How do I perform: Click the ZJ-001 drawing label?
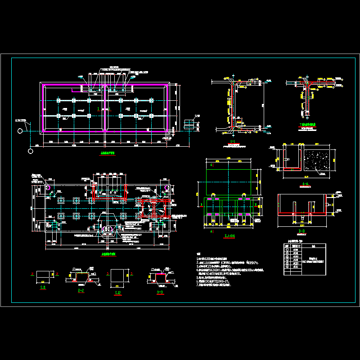tap(229, 236)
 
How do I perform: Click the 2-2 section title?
tap(81, 291)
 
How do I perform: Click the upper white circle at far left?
tap(20, 130)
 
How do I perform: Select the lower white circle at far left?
tap(30, 151)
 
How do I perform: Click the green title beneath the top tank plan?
tap(107, 153)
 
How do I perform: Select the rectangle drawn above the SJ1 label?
tap(44, 274)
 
